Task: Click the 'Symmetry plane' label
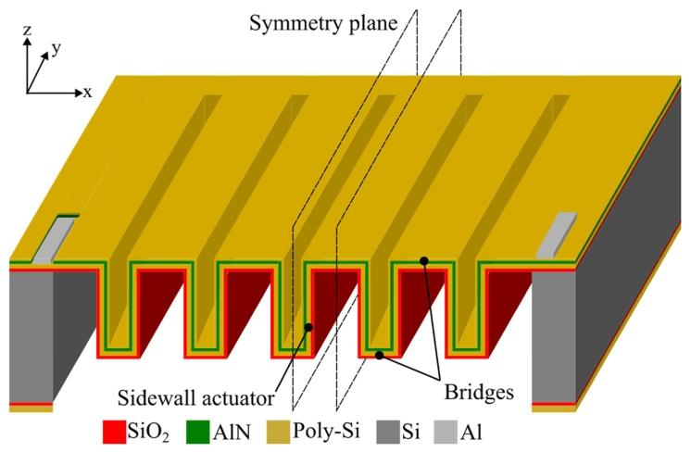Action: tap(323, 23)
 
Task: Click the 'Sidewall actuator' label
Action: tap(195, 398)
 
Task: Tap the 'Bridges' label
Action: tap(479, 392)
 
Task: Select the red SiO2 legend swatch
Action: tap(114, 432)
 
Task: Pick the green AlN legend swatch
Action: tap(197, 432)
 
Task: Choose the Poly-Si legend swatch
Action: tap(279, 432)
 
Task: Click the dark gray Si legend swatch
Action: tap(388, 432)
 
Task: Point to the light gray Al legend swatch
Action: tap(446, 432)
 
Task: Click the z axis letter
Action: tap(27, 30)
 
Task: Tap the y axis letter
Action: tap(56, 48)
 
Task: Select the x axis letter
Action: tap(88, 92)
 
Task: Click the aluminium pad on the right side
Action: tap(556, 235)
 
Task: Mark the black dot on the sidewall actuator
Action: tap(308, 327)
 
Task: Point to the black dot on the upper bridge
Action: tap(424, 261)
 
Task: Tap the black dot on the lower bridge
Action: tap(379, 355)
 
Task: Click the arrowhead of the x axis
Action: tap(80, 93)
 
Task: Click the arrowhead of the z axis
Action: tap(27, 41)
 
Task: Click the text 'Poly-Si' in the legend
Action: tap(326, 431)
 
